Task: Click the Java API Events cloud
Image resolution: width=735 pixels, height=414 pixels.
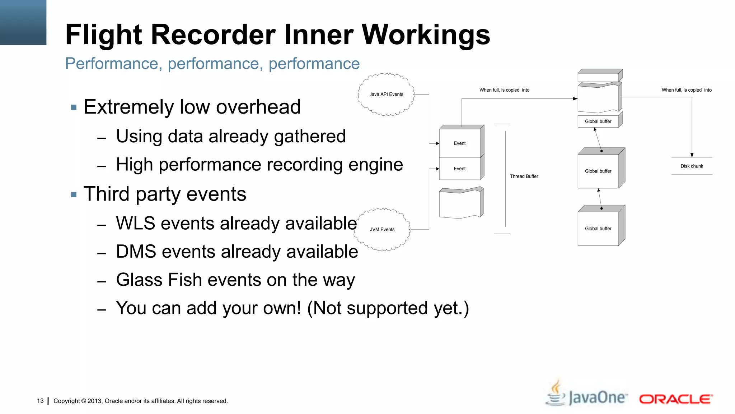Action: [386, 95]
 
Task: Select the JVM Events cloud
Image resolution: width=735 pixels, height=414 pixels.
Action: [382, 230]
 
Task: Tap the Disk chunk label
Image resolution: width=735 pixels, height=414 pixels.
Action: [692, 166]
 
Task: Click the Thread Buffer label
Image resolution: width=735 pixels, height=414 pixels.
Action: [524, 176]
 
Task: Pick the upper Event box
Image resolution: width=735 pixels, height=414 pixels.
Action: [459, 143]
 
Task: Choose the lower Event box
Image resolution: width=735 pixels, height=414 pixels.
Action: [459, 169]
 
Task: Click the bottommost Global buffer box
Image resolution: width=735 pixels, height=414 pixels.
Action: [598, 229]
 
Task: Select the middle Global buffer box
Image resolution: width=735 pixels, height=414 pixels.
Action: [598, 171]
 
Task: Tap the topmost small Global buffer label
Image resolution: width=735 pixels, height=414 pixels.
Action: [598, 121]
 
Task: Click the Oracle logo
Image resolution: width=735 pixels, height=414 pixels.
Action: [676, 399]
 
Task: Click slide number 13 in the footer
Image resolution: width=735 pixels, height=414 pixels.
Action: [40, 401]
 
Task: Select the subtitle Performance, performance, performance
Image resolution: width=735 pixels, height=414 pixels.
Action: [212, 64]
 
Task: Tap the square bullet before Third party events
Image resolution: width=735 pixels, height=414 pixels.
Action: [74, 195]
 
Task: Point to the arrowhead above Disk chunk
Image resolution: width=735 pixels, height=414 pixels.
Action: [692, 155]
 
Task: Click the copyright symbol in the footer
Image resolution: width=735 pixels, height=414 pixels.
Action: [84, 401]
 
